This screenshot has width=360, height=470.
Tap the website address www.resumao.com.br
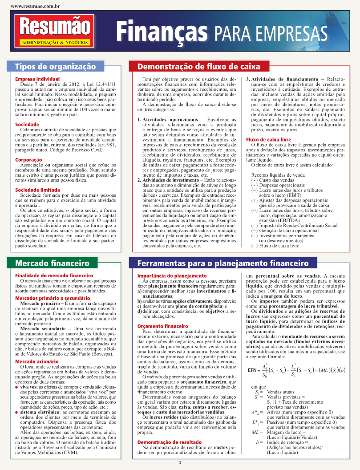(x=35, y=7)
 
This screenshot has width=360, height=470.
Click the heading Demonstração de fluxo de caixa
(x=198, y=67)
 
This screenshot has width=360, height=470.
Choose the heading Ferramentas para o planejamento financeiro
(x=223, y=263)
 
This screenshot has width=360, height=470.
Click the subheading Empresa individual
(x=35, y=79)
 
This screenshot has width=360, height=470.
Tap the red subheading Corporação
(x=29, y=159)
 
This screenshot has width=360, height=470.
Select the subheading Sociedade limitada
(x=37, y=190)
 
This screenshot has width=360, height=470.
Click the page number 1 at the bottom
(x=180, y=463)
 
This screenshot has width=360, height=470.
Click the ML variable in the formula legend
(x=255, y=432)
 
